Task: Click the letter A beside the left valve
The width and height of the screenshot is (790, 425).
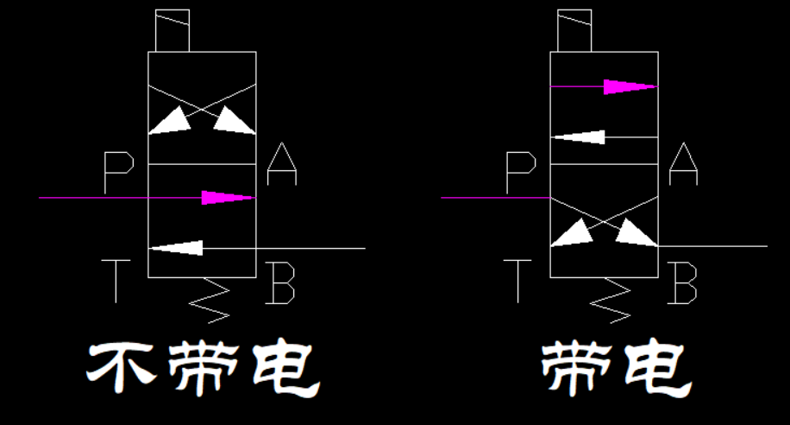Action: (282, 165)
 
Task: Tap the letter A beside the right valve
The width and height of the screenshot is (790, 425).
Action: (683, 165)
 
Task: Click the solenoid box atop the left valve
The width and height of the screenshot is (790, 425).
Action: (172, 31)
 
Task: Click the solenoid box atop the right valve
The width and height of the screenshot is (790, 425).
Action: (574, 31)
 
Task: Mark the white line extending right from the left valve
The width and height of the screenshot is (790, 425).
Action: (310, 248)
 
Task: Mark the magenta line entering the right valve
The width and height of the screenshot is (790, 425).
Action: (496, 198)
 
